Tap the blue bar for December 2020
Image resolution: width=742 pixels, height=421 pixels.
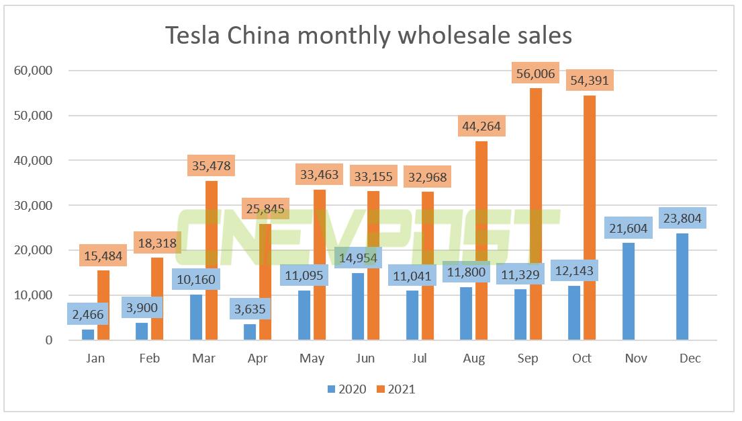point(683,289)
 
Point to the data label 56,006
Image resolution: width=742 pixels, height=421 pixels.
point(535,74)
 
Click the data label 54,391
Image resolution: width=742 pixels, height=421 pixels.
point(589,81)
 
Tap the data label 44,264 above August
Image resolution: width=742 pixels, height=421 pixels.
point(480,126)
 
